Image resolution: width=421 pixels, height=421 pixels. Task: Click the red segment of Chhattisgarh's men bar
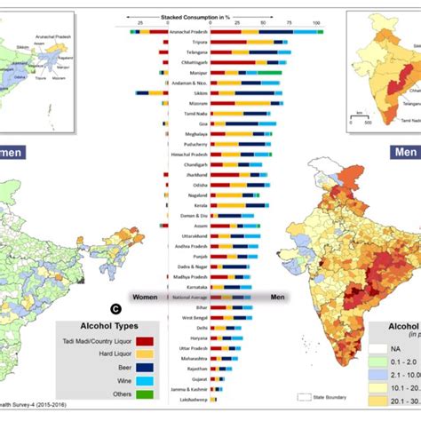(x=227, y=61)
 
